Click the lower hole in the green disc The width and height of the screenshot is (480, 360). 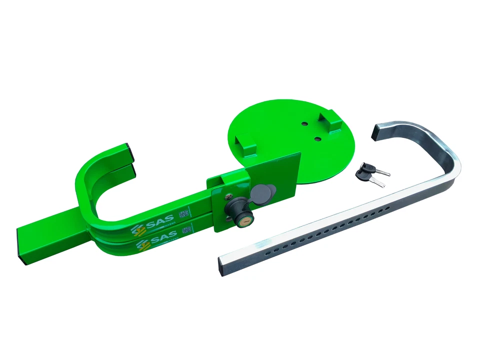(317, 138)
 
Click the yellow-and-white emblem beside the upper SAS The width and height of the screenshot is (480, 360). (136, 229)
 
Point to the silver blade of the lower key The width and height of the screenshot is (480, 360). (379, 183)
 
